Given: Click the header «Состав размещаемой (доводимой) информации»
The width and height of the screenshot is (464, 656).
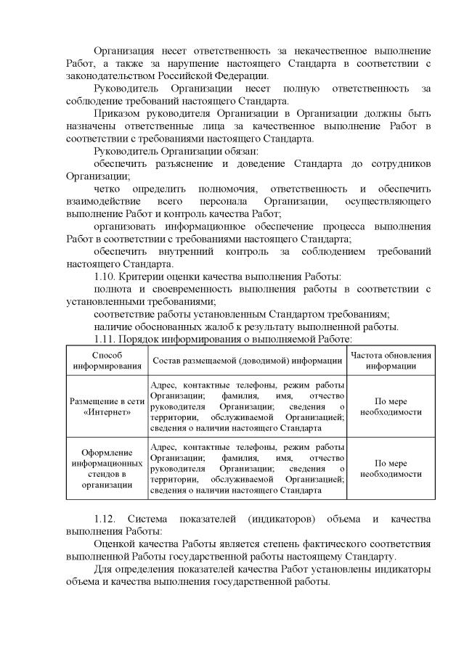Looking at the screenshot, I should point(247,361).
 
